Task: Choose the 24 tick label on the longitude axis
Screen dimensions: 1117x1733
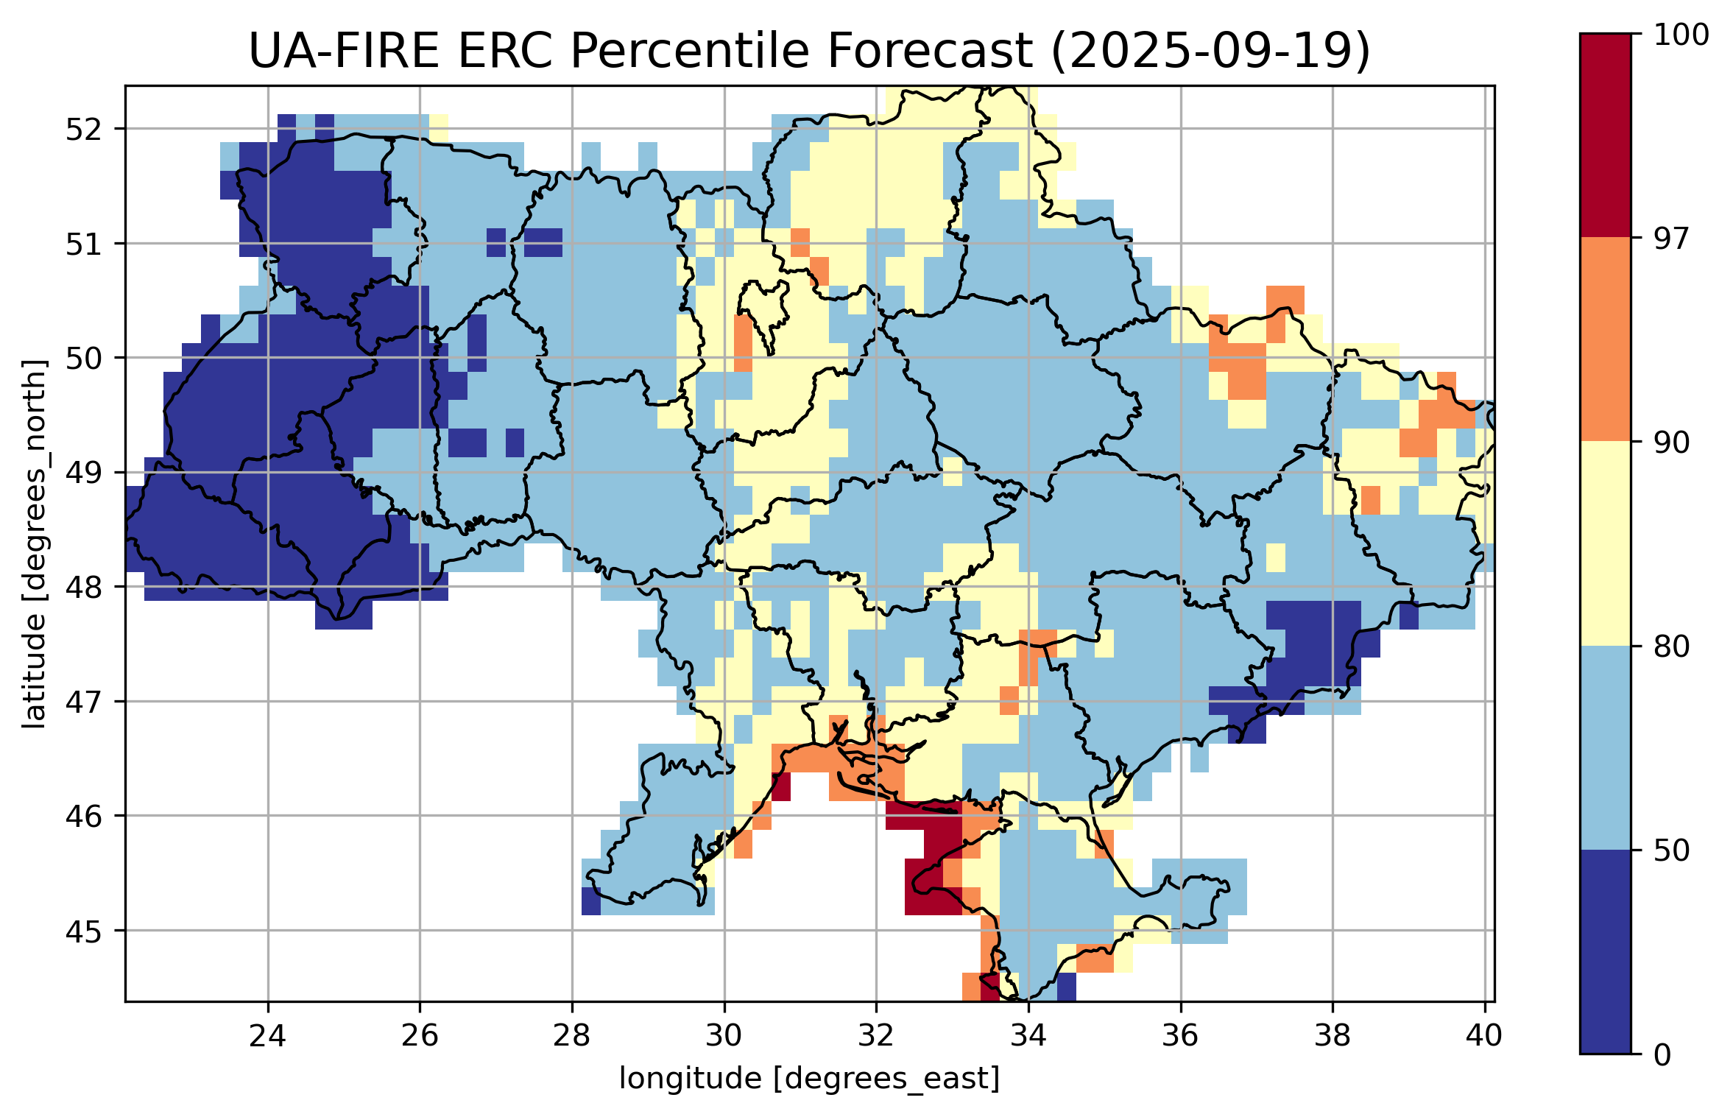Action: point(267,1036)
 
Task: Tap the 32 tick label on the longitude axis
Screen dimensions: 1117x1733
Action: point(876,1036)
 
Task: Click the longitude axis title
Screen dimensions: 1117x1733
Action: point(809,1079)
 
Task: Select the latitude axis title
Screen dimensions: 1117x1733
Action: point(34,544)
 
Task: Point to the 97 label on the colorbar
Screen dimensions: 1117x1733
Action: point(1670,239)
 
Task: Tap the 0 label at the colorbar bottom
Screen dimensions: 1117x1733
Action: point(1662,1056)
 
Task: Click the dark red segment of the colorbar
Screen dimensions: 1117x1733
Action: point(1605,135)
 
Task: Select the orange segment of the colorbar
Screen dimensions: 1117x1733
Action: point(1605,339)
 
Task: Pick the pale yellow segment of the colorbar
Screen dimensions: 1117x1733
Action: point(1605,543)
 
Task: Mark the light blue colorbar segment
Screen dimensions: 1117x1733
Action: point(1605,748)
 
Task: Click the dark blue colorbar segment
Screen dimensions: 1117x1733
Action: point(1605,952)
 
